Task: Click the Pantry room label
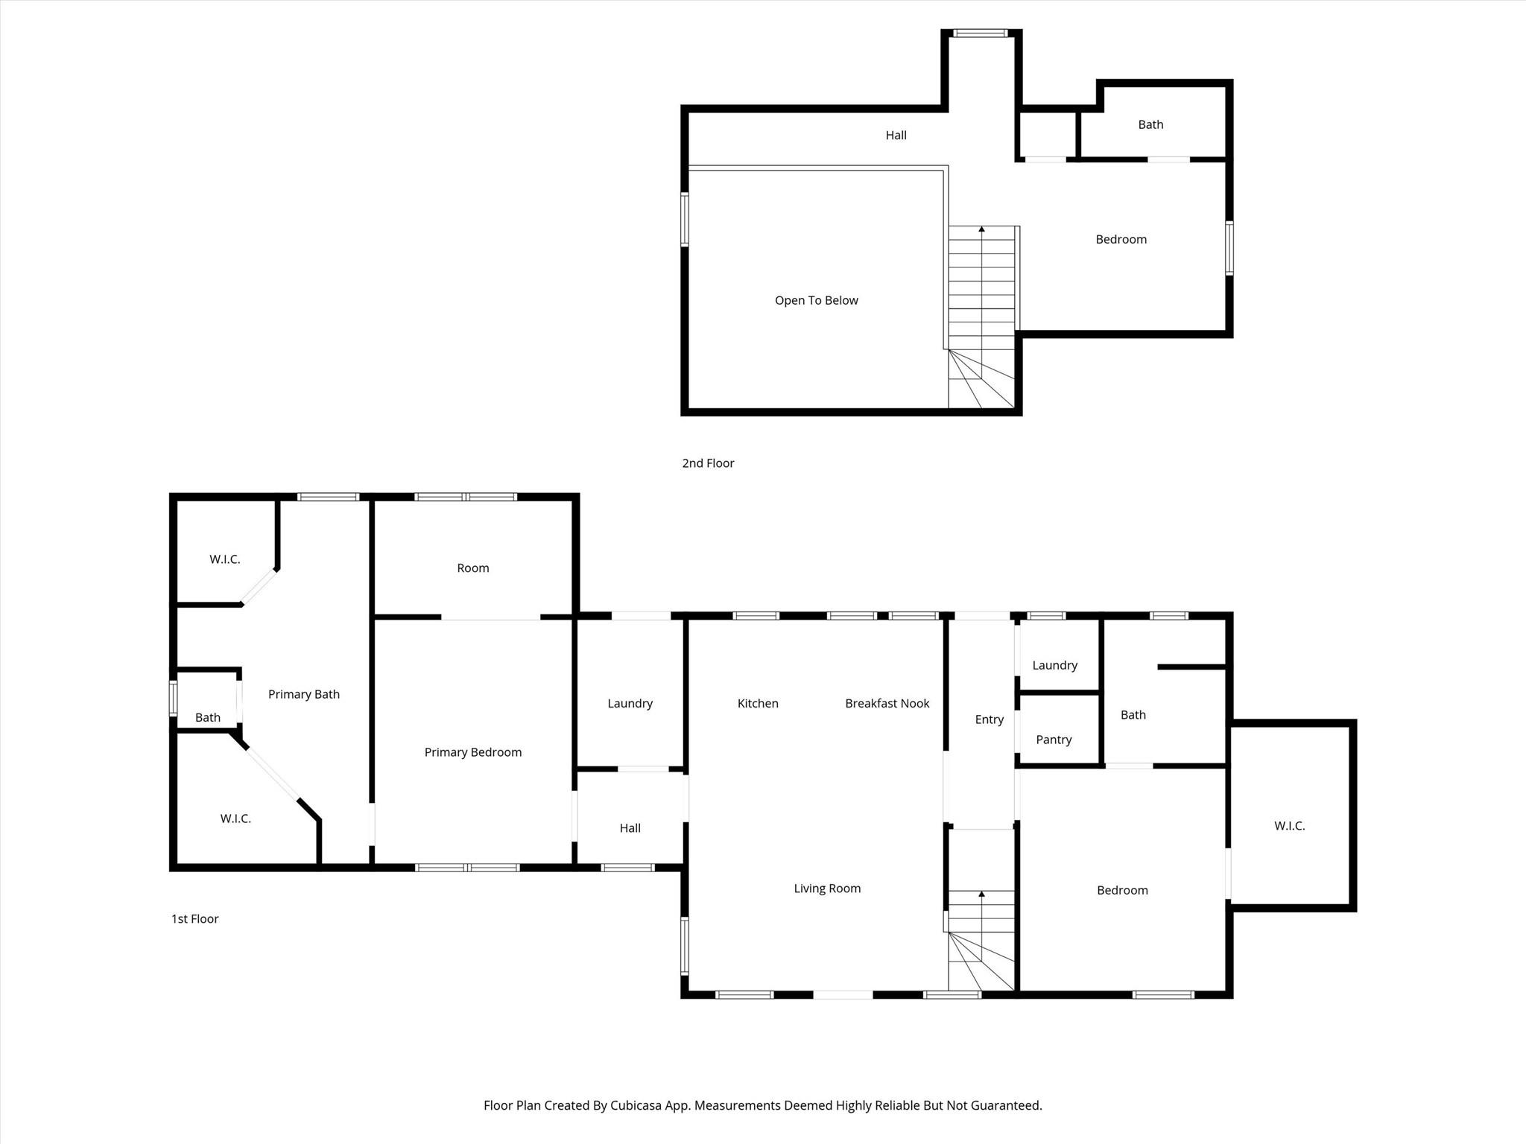click(1054, 740)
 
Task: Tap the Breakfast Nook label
click(887, 703)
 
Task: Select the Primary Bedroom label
click(473, 752)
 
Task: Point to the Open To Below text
click(817, 300)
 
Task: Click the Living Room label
click(827, 889)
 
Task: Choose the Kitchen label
click(758, 703)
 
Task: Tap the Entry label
click(990, 719)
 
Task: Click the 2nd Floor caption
click(708, 463)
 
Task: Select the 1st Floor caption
click(195, 919)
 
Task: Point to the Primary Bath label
click(304, 694)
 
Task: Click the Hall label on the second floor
click(896, 135)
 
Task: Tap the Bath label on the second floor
click(1150, 124)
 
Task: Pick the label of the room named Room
click(473, 568)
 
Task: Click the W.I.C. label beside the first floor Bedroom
click(1290, 826)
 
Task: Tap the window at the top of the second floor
click(981, 33)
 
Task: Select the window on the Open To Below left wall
click(685, 219)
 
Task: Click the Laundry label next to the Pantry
click(1055, 666)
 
